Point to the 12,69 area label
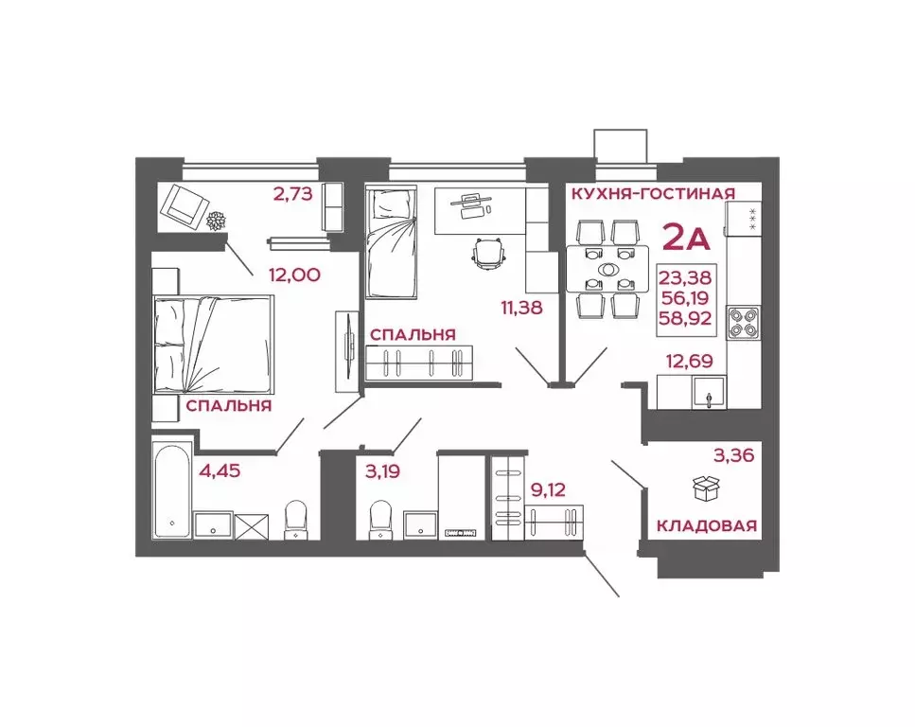pos(690,359)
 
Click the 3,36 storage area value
pos(733,456)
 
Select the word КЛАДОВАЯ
pos(707,525)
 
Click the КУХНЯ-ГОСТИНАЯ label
pos(652,194)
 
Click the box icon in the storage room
pos(706,488)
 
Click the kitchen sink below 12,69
pos(707,392)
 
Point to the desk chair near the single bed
pos(488,253)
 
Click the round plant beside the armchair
pos(217,221)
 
